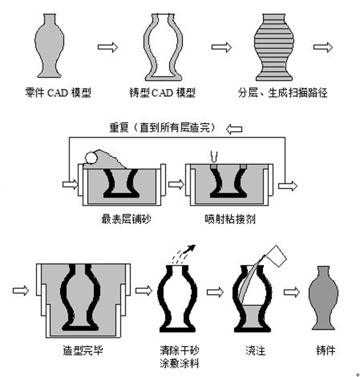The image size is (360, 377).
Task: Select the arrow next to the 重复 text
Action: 234,129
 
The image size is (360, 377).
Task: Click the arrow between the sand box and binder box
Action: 175,184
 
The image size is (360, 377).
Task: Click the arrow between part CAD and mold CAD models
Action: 108,48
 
